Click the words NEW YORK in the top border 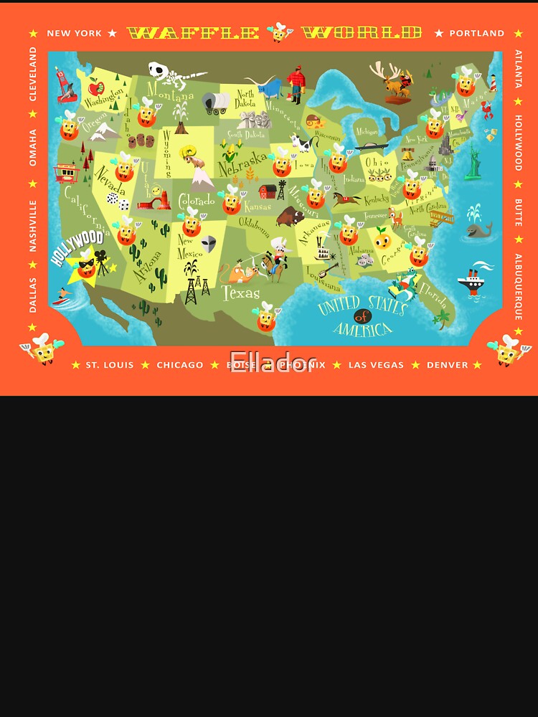(75, 33)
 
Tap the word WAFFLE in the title (193, 33)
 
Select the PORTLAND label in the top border (477, 33)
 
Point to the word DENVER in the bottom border (447, 365)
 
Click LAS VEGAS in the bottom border (376, 365)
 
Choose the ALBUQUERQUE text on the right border (518, 286)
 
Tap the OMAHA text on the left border (32, 147)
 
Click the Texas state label (240, 293)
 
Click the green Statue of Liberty (473, 163)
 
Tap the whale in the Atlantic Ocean (478, 229)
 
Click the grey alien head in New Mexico (208, 243)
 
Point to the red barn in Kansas (268, 191)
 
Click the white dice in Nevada (117, 201)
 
